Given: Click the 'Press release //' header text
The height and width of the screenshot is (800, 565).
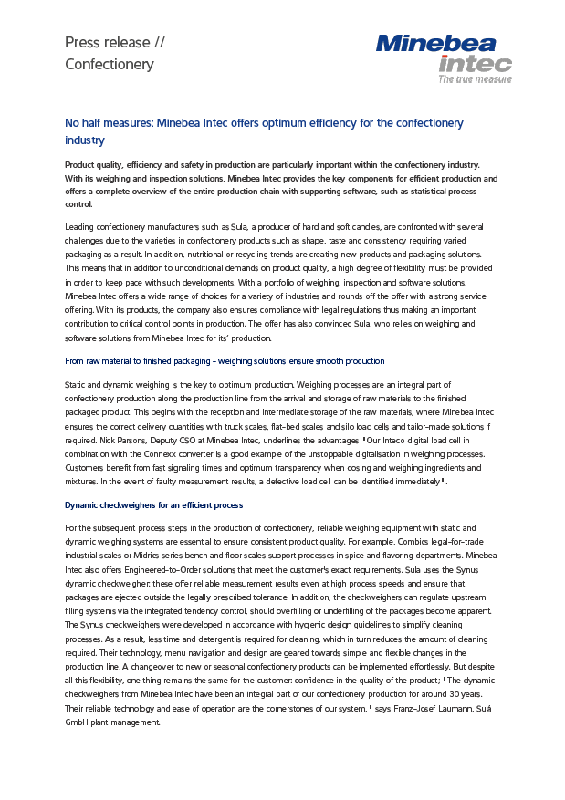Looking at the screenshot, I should tap(114, 42).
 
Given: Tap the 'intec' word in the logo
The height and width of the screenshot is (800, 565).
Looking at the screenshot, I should tap(475, 64).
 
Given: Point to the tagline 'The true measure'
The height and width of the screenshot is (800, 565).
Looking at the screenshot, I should tap(475, 80).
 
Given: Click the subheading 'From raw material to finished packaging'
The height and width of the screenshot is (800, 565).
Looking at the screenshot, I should tap(225, 361).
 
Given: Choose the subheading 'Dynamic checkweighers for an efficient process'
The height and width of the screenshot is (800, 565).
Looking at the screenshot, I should tap(153, 504).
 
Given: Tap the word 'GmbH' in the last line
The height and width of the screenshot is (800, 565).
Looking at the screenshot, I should tap(78, 722).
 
